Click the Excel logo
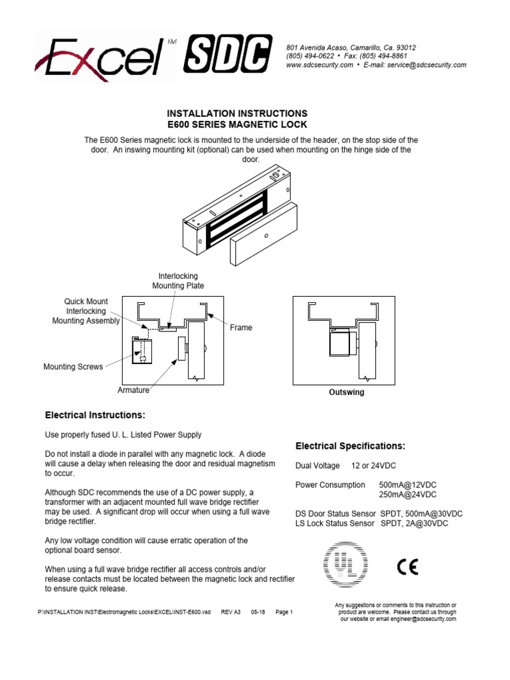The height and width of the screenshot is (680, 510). coord(100,56)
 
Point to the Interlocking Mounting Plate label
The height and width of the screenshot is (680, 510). coord(178,281)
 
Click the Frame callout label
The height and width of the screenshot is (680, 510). coord(241,328)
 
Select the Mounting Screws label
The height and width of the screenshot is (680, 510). coord(73,367)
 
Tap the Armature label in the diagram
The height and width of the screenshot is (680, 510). coord(133,390)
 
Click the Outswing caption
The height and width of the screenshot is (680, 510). coord(347,392)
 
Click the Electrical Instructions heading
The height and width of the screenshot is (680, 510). coord(94,416)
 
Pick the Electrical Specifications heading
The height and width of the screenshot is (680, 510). coord(350,446)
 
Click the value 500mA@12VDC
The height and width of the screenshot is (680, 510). coord(408,485)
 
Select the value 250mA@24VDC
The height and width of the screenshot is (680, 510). coord(408,495)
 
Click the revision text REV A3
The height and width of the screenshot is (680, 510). coord(230,612)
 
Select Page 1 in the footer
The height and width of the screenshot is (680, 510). coord(284,612)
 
